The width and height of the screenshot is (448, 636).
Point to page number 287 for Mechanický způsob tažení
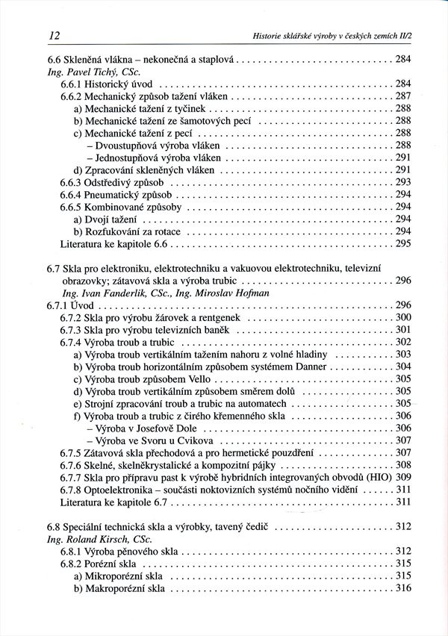click(404, 96)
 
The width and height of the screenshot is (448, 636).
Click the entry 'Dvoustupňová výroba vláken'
click(150, 145)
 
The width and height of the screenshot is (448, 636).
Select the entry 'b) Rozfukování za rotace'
click(126, 231)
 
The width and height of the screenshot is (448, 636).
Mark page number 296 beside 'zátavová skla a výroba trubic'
click(404, 280)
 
